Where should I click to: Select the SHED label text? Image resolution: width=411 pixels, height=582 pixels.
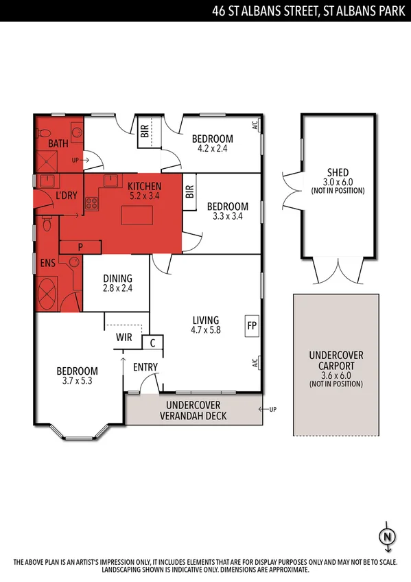click(x=338, y=172)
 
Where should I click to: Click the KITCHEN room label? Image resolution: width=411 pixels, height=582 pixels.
click(x=144, y=186)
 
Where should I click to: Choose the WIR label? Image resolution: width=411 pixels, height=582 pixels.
click(x=124, y=337)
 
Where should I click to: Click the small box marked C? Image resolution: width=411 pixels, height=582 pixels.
click(x=152, y=342)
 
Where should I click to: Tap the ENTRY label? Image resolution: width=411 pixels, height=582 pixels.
click(x=145, y=367)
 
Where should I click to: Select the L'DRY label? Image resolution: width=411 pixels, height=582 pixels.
click(x=67, y=196)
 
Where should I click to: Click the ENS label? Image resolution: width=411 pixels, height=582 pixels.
click(x=47, y=262)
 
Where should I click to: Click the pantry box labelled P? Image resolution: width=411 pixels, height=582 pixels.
click(x=80, y=246)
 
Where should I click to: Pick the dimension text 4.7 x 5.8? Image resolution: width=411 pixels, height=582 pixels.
click(x=206, y=329)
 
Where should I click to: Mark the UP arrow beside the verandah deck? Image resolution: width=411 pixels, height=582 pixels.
click(x=270, y=410)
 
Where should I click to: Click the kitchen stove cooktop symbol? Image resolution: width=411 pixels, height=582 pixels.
click(x=91, y=203)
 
